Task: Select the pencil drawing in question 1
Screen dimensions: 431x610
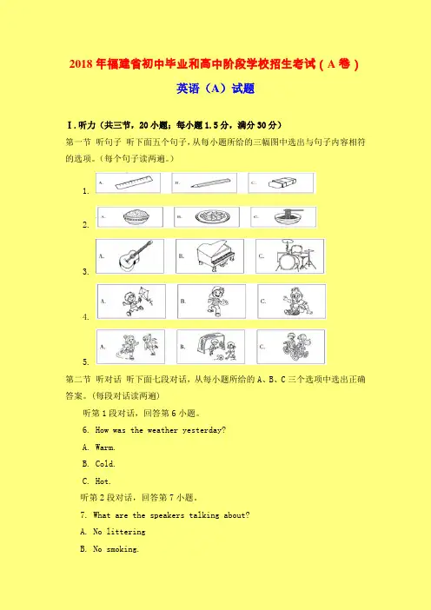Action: pos(210,182)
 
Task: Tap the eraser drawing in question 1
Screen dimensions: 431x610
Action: pos(282,183)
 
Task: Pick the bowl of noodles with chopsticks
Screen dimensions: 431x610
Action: pos(288,216)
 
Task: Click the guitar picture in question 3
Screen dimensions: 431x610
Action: pos(136,255)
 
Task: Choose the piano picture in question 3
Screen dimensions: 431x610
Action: pos(215,256)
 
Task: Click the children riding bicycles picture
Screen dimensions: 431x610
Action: pos(296,346)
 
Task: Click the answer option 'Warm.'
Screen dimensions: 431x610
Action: pos(99,448)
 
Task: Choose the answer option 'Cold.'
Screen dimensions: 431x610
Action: pos(99,464)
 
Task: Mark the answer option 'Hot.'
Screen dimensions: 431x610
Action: pos(96,481)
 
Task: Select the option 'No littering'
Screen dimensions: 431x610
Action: pos(113,532)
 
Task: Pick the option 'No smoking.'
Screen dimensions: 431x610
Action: pos(109,549)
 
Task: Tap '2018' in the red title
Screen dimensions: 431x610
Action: pos(81,63)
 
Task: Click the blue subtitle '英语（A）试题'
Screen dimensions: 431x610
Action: pos(215,89)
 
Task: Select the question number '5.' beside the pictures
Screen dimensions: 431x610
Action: pos(86,361)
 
